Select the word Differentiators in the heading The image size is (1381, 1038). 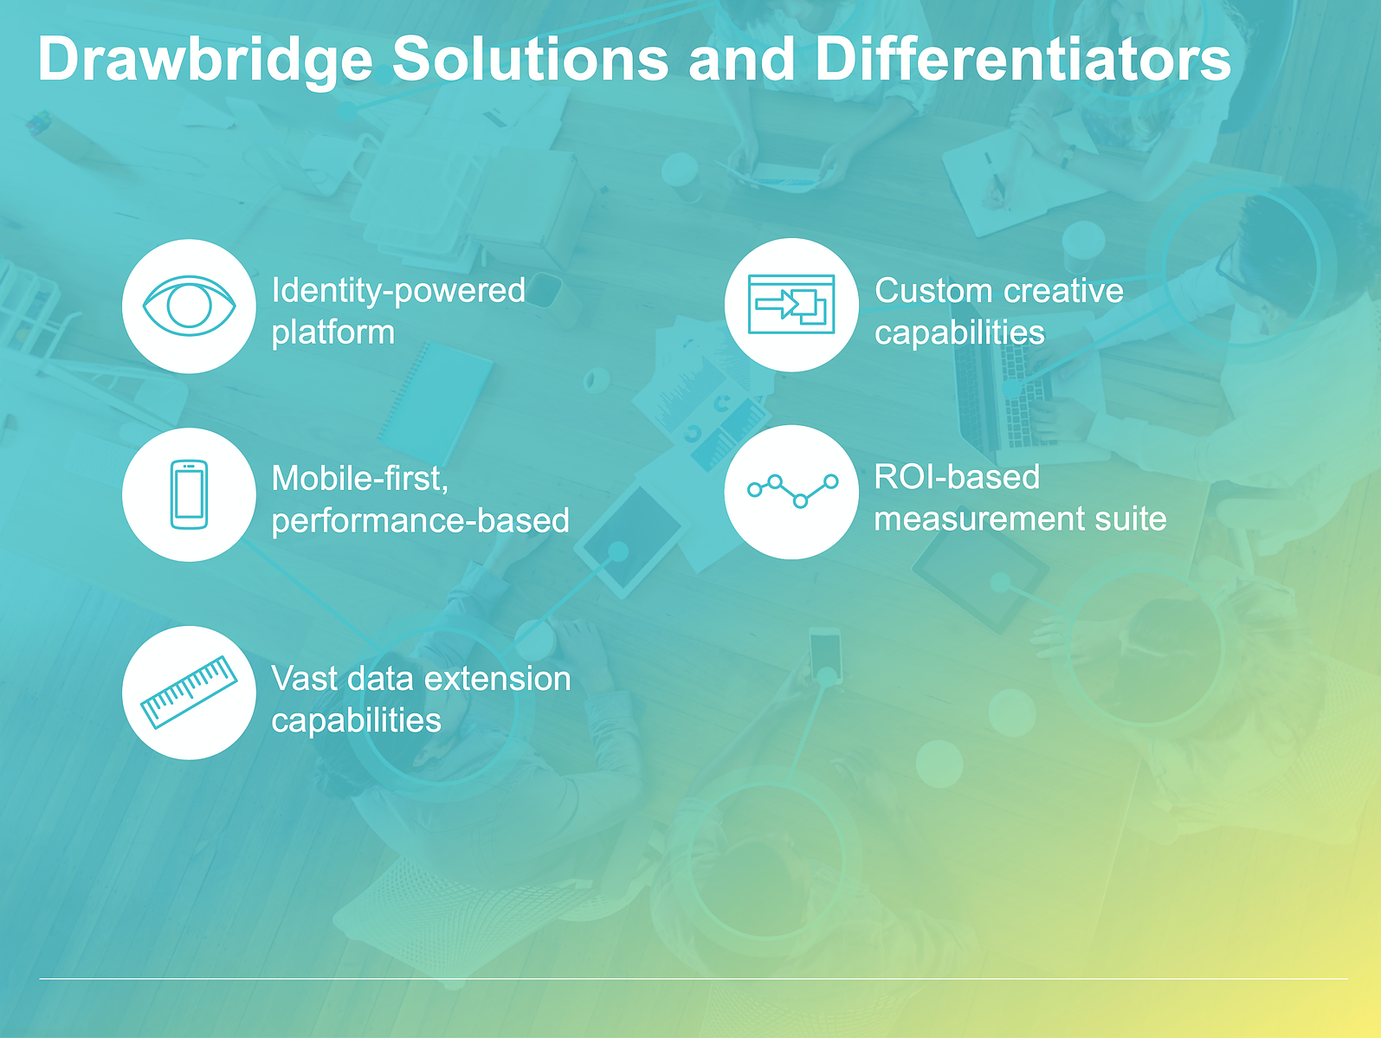[1023, 58]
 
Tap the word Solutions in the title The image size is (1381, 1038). [530, 58]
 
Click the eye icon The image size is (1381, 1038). [190, 306]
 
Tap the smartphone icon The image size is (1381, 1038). [189, 494]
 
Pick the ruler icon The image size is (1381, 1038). [189, 692]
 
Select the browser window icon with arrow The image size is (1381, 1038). [791, 304]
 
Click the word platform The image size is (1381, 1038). [332, 333]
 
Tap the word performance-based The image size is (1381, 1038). [420, 521]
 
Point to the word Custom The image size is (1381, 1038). [934, 291]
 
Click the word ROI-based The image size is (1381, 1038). [957, 477]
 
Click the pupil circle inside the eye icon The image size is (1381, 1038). [189, 306]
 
